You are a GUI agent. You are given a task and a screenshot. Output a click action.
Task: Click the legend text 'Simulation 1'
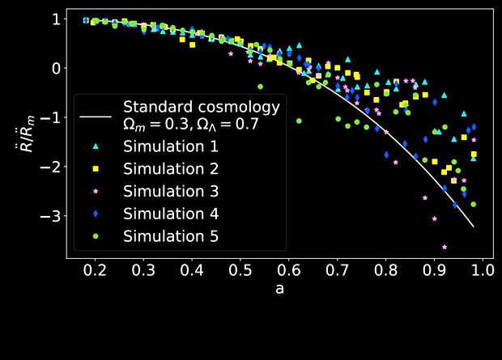coord(171,146)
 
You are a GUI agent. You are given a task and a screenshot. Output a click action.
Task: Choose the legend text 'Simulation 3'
coord(171,191)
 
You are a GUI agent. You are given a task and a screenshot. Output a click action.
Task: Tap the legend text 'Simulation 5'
coord(171,236)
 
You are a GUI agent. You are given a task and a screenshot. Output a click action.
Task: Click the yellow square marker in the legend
coord(96,168)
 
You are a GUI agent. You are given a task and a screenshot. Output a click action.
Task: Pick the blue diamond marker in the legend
coord(96,214)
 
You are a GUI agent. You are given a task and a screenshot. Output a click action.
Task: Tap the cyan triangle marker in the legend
coord(96,146)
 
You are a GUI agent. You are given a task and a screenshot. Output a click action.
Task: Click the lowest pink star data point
coord(444,247)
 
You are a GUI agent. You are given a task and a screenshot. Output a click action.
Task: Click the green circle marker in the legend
coord(96,236)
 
